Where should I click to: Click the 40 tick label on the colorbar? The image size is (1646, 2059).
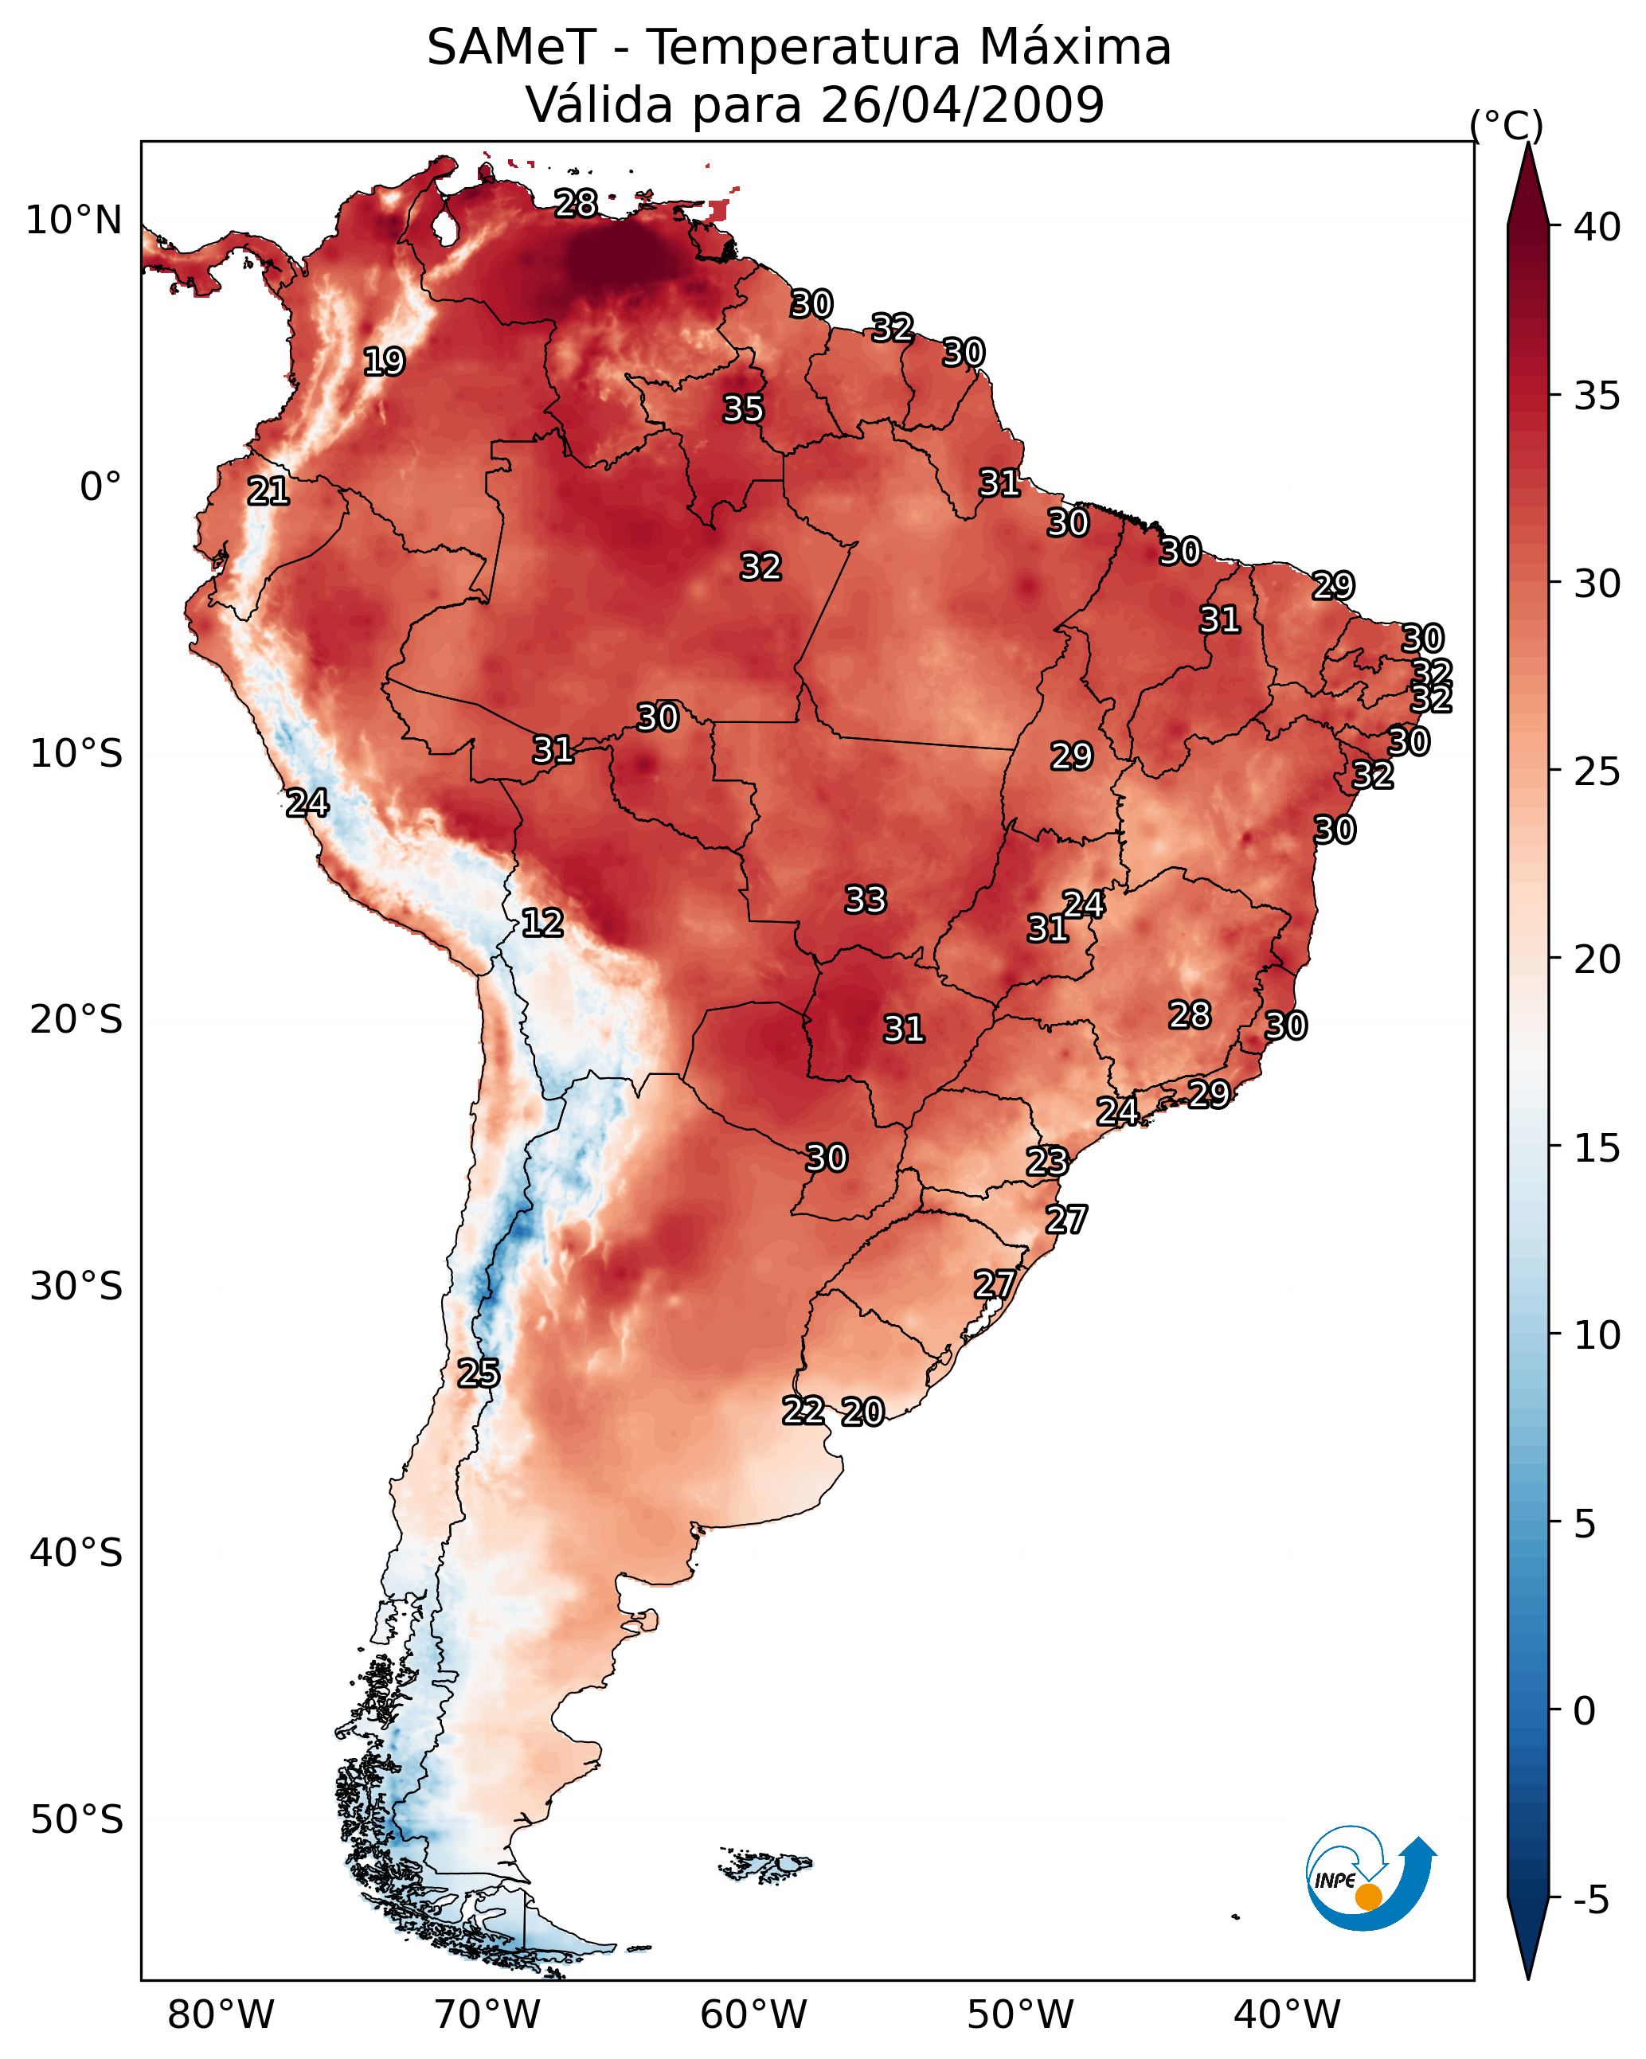1597,227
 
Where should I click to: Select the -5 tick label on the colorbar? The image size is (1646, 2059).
1590,1901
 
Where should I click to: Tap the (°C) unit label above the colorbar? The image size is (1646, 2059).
1507,125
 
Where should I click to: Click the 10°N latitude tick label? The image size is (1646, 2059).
73,221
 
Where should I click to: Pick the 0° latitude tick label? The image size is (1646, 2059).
100,487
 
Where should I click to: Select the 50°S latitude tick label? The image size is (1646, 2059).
76,1819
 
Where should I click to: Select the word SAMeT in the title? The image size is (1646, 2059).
511,48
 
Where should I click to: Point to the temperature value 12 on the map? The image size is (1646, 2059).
542,923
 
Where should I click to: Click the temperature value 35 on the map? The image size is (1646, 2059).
743,408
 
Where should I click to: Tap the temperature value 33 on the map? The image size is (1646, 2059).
866,900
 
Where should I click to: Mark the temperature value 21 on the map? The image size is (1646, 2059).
268,492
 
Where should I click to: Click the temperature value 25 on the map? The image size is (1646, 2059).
479,1373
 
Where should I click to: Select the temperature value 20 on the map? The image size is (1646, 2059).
862,1412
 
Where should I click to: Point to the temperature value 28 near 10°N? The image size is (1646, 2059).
576,203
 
